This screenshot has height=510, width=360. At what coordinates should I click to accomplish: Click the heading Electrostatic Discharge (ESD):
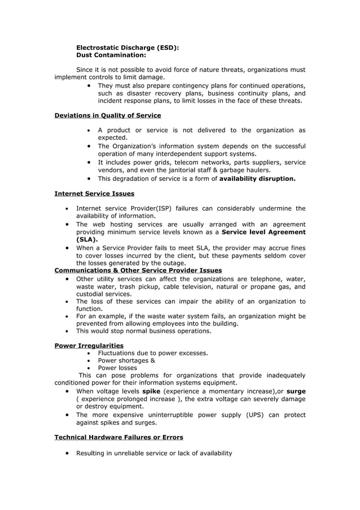tap(128, 48)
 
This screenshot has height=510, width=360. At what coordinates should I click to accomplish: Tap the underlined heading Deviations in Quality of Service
tap(107, 115)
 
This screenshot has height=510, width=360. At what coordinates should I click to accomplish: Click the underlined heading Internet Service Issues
tap(94, 194)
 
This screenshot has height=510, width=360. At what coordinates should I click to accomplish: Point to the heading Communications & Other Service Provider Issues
tap(138, 270)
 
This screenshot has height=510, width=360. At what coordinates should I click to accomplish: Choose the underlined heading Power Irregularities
tap(89, 346)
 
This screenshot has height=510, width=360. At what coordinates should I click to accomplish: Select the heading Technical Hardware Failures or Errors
tap(118, 437)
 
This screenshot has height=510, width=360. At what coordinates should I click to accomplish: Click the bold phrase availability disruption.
tap(257, 178)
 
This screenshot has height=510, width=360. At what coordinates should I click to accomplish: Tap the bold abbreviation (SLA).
tap(87, 239)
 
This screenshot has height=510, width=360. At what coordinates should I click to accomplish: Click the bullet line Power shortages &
tap(126, 360)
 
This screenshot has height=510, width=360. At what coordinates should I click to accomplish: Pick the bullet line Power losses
tap(117, 368)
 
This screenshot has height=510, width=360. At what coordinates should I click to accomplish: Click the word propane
tap(255, 286)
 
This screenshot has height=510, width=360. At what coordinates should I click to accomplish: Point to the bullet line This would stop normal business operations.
tap(143, 331)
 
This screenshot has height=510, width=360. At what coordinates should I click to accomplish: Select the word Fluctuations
tap(117, 353)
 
